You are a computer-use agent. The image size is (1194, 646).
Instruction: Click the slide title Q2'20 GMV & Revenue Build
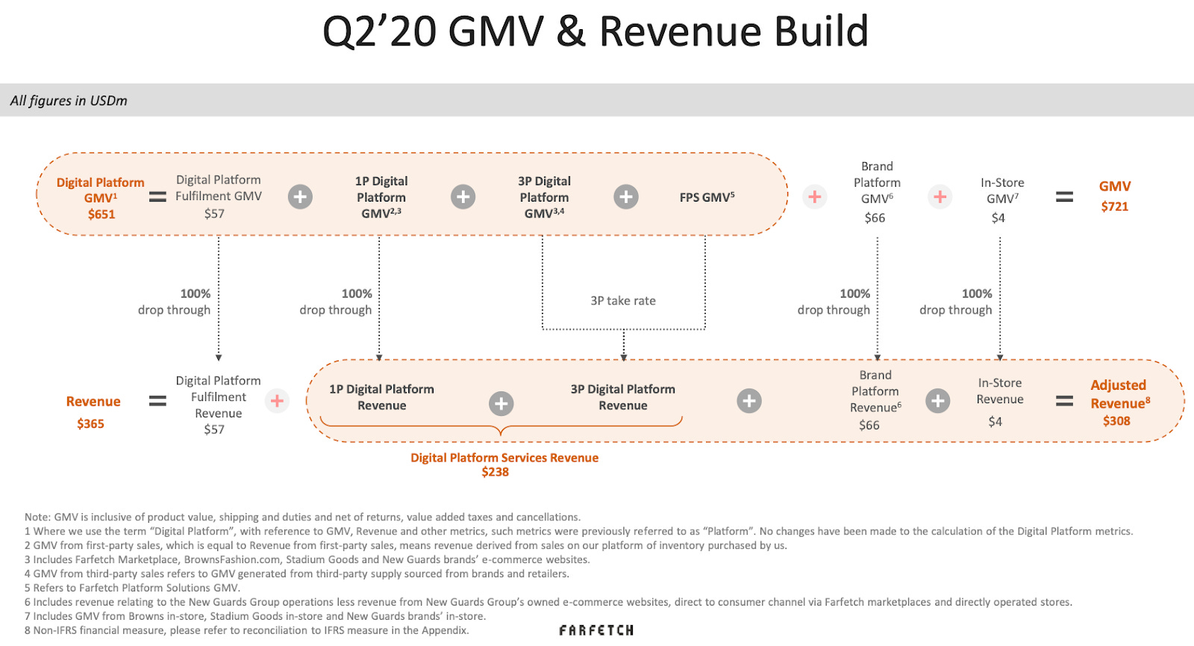(x=595, y=31)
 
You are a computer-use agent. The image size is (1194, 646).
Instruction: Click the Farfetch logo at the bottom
(x=596, y=630)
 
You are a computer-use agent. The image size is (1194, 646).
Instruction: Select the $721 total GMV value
(x=1114, y=207)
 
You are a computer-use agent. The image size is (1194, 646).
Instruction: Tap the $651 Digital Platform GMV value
(x=101, y=214)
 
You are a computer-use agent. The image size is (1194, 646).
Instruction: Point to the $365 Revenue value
(x=90, y=423)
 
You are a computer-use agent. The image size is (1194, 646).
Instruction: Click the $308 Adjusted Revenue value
(x=1116, y=421)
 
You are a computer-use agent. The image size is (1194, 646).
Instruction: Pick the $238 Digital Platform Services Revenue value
(x=495, y=472)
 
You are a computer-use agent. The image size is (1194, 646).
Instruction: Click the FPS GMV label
(x=707, y=197)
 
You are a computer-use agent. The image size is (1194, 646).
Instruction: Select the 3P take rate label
(x=623, y=301)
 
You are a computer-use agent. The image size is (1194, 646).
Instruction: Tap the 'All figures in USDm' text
(x=69, y=101)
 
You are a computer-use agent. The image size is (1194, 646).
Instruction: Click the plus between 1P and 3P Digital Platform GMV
(x=463, y=197)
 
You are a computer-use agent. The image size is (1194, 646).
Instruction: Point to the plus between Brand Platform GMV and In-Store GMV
(x=940, y=197)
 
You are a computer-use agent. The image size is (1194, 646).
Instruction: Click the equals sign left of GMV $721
(x=1064, y=197)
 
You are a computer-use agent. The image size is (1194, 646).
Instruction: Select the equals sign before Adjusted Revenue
(x=1064, y=402)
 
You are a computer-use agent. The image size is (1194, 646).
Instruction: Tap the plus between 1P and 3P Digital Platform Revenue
(x=501, y=404)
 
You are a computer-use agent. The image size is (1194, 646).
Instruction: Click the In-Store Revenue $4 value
(x=995, y=422)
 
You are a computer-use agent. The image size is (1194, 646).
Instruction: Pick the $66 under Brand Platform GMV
(x=875, y=218)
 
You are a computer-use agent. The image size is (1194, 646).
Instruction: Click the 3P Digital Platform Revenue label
(x=622, y=397)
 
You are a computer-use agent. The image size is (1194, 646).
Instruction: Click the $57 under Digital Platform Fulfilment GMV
(x=214, y=214)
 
